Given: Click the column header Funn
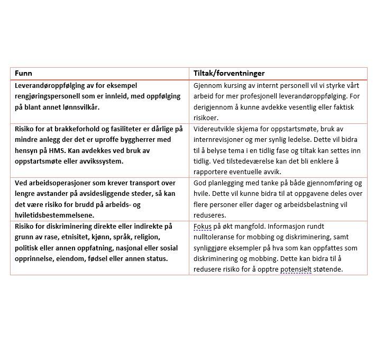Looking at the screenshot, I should point(23,73).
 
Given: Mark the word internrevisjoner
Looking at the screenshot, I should point(221,140).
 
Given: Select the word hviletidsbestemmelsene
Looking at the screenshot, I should point(55,215).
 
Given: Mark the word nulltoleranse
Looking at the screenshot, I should point(217,237).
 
